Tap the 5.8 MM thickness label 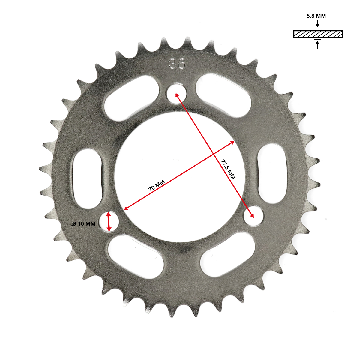[x=316, y=16]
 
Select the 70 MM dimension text [x=157, y=185]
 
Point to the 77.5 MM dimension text [x=228, y=169]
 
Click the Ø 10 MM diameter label [x=83, y=223]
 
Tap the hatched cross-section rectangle [x=318, y=34]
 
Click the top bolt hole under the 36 [x=177, y=93]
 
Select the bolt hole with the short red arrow [x=109, y=222]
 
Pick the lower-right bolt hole [x=253, y=216]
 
